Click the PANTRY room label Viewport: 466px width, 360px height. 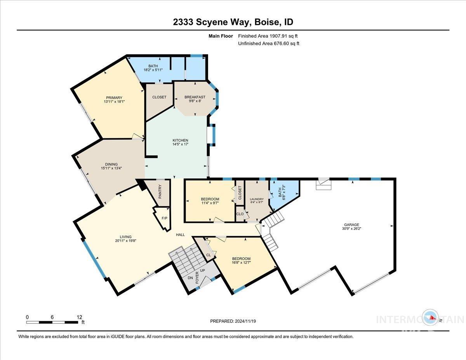tap(160, 191)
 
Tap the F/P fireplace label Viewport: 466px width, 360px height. tap(164, 218)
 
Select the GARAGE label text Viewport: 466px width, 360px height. tap(351, 224)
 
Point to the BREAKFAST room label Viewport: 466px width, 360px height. tap(195, 97)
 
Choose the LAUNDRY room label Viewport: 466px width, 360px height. tap(257, 199)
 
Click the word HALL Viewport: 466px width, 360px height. tap(180, 235)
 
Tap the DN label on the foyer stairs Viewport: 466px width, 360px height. tap(190, 278)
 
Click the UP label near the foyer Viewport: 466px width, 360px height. tap(202, 270)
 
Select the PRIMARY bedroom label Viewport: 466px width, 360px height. tap(114, 97)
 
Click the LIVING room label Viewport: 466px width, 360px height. tap(125, 237)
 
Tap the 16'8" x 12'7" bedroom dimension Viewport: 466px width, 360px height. tap(241, 263)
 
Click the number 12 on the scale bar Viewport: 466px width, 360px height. tap(80, 317)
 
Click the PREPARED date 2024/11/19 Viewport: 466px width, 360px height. tap(244, 321)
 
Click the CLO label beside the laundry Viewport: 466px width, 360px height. tap(240, 214)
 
